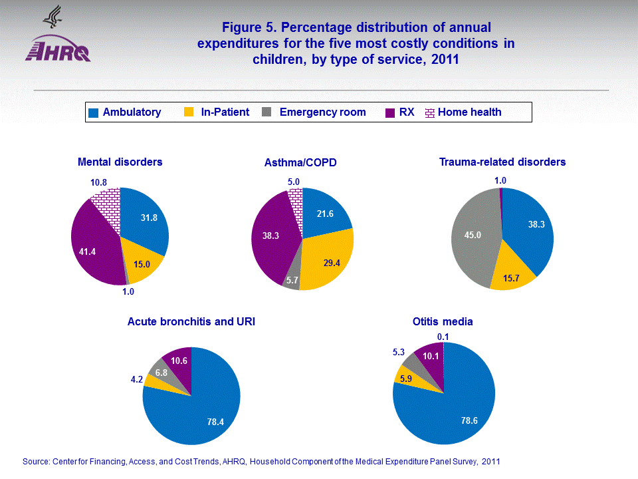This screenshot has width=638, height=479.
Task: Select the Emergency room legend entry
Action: tap(322, 112)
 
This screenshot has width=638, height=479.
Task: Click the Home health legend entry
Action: tap(469, 112)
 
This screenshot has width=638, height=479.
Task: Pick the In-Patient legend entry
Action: tap(225, 112)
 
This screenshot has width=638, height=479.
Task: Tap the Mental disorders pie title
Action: tap(120, 162)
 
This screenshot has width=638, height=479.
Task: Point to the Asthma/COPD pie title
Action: tap(300, 162)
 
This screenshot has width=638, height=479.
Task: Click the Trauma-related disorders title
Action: tap(502, 162)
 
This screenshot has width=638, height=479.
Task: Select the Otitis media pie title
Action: tap(443, 321)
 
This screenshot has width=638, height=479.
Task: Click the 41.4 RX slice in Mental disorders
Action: tap(93, 249)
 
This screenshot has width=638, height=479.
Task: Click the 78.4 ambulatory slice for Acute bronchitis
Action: tap(199, 412)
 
